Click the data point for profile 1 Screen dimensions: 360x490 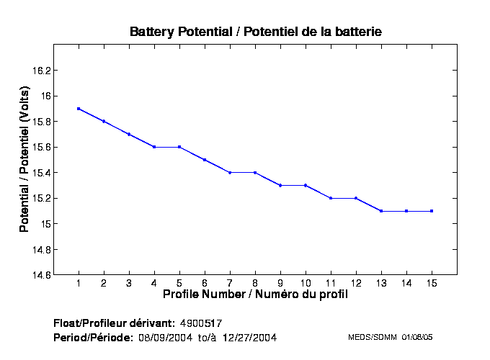[79, 109]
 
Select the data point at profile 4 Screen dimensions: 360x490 [154, 147]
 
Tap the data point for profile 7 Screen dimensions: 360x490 [230, 173]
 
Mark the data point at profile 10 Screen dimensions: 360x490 [306, 185]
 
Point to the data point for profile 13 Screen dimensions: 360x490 [381, 211]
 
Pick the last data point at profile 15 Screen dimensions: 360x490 [432, 211]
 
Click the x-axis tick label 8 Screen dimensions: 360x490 [255, 283]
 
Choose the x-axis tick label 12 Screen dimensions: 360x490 [356, 283]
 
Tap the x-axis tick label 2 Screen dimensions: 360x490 [104, 283]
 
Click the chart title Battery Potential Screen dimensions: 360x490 [255, 32]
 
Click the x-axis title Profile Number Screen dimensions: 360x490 [255, 294]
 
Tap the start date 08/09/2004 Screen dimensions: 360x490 [165, 337]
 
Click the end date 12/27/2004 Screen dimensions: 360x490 [249, 337]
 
